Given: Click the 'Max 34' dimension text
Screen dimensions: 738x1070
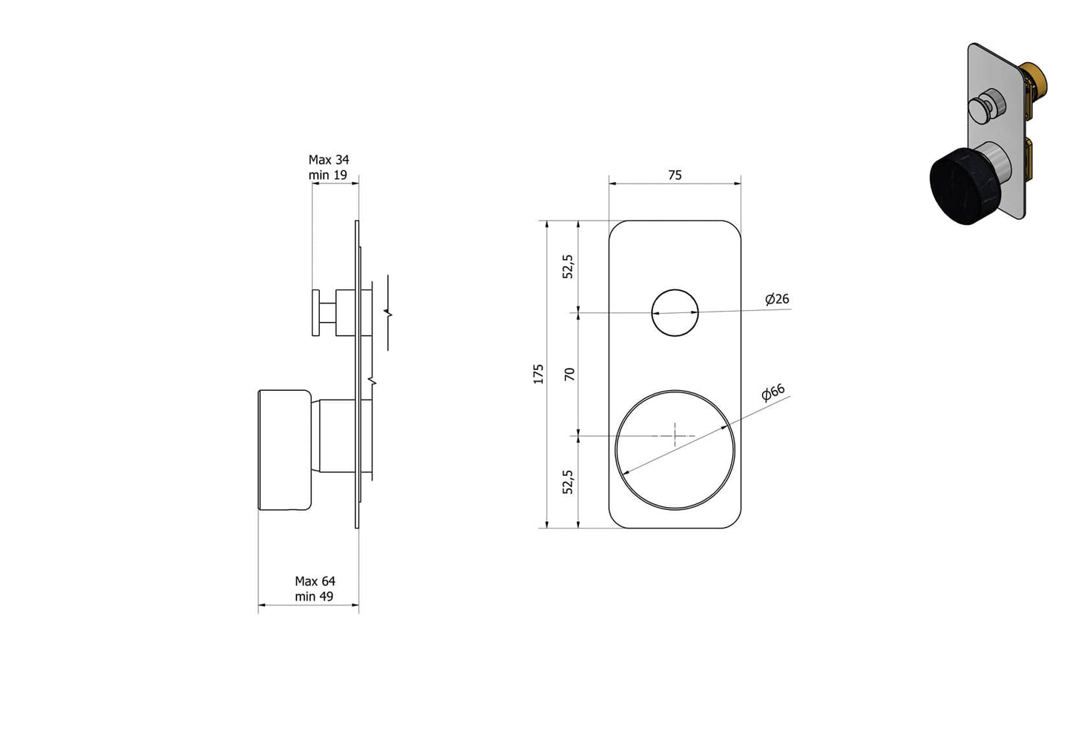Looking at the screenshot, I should click(x=328, y=160).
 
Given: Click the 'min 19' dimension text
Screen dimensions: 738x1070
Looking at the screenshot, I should click(x=327, y=175).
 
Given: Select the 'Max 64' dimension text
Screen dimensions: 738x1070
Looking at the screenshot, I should click(x=315, y=581).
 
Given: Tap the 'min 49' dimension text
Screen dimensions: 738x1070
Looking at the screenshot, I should click(x=314, y=597).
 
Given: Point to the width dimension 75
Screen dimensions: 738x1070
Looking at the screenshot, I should click(x=675, y=175).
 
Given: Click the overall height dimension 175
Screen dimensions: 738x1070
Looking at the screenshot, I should click(x=538, y=374).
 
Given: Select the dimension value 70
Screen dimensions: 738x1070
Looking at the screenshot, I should click(x=569, y=375).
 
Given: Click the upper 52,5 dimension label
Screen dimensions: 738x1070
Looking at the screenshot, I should click(x=568, y=266).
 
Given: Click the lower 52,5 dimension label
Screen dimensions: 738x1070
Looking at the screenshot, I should click(x=568, y=482).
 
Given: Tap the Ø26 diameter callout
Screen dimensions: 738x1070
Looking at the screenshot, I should click(x=777, y=299).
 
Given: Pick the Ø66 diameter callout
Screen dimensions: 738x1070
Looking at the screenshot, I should click(x=772, y=393).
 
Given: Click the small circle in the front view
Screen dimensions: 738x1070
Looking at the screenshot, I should click(x=675, y=312).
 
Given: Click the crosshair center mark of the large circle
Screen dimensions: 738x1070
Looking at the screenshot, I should click(x=675, y=435).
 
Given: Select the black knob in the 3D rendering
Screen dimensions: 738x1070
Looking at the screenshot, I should click(x=960, y=185).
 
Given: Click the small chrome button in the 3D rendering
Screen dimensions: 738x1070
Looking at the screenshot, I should click(x=987, y=104).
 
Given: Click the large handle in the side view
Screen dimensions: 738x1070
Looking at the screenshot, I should click(x=284, y=450).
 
